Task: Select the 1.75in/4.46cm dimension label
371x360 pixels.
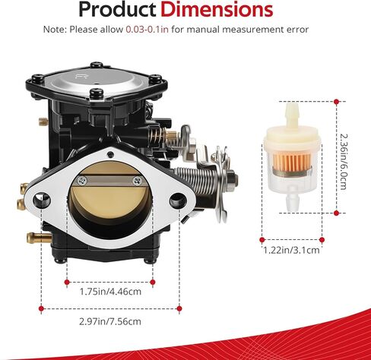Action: (x=110, y=289)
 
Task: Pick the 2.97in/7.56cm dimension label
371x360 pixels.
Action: (x=111, y=322)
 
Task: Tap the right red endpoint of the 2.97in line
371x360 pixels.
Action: (x=179, y=308)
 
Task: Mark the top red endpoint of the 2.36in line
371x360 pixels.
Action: (x=336, y=100)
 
